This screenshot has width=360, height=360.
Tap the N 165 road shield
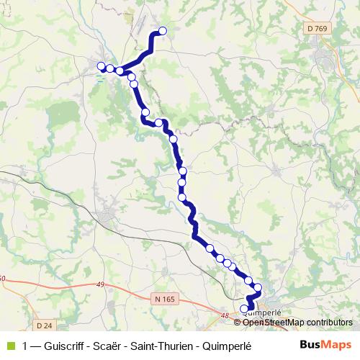point(166,298)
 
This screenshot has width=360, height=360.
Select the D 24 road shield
point(18,305)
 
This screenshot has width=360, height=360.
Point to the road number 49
point(100,285)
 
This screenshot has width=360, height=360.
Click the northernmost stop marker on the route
point(163,30)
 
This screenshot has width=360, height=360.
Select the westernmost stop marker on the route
point(102,66)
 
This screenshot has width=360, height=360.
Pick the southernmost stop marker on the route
point(244,309)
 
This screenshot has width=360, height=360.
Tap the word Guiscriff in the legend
point(67,345)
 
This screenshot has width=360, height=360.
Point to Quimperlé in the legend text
point(228,345)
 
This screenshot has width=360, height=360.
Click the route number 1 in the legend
point(26,345)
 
